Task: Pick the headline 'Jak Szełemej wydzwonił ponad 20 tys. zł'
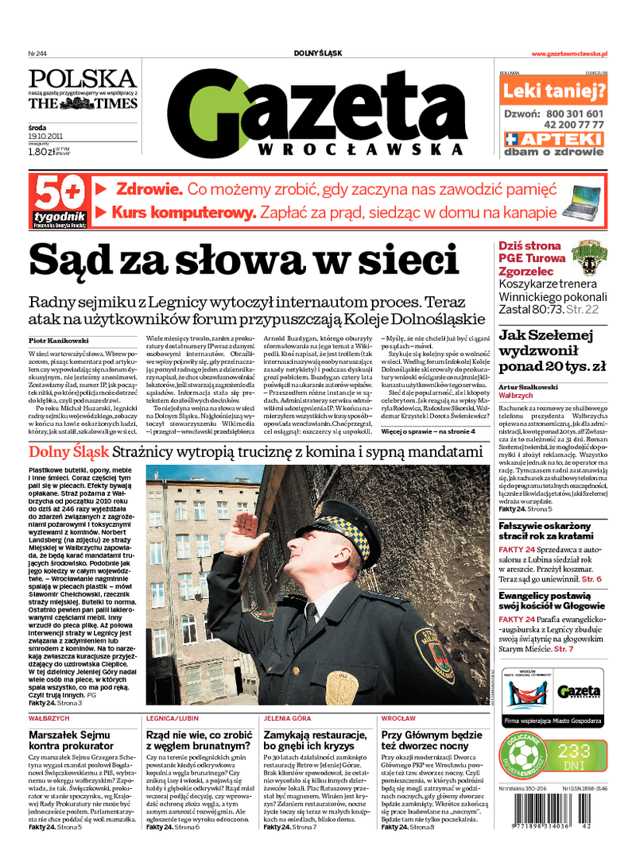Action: pyautogui.click(x=552, y=350)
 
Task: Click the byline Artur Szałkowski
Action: pyautogui.click(x=528, y=387)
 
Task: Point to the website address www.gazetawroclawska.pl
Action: pyautogui.click(x=569, y=53)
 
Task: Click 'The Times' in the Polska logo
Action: pyautogui.click(x=84, y=103)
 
